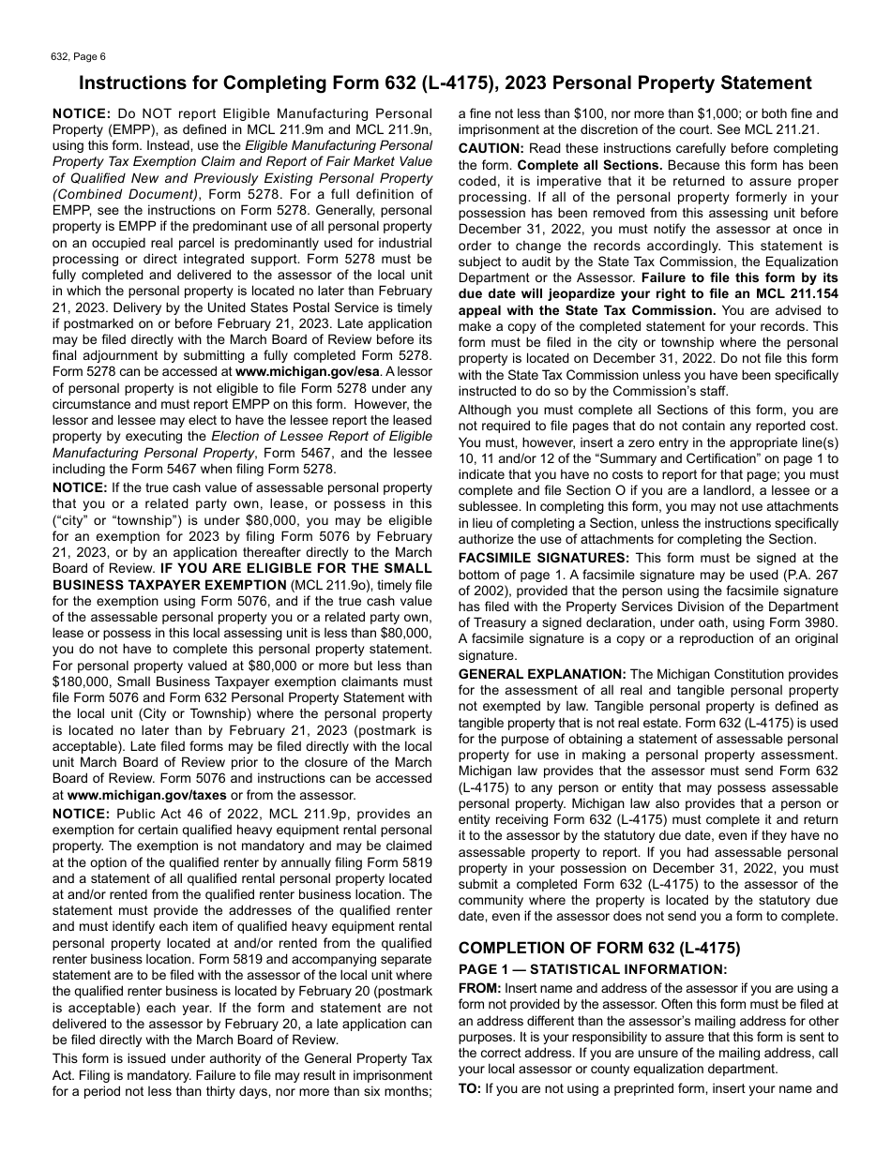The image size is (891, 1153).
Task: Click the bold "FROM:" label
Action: pos(479,988)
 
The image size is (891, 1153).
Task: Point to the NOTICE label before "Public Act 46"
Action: pos(81,814)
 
